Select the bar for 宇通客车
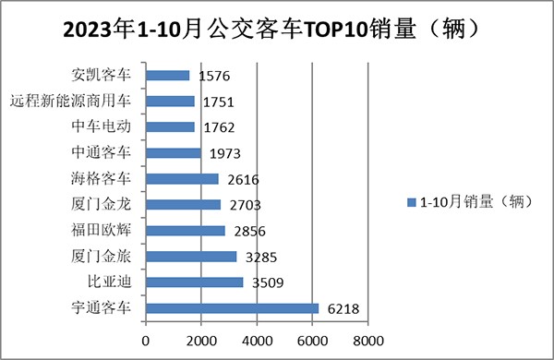[232, 308]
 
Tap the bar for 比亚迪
[195, 282]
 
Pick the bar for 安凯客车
[168, 76]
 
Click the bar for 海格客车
[182, 179]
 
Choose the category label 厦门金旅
[107, 256]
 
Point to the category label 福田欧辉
[107, 230]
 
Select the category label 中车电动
[107, 126]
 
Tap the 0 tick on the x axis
[146, 340]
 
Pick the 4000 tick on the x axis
[257, 340]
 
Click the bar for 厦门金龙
[184, 205]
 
